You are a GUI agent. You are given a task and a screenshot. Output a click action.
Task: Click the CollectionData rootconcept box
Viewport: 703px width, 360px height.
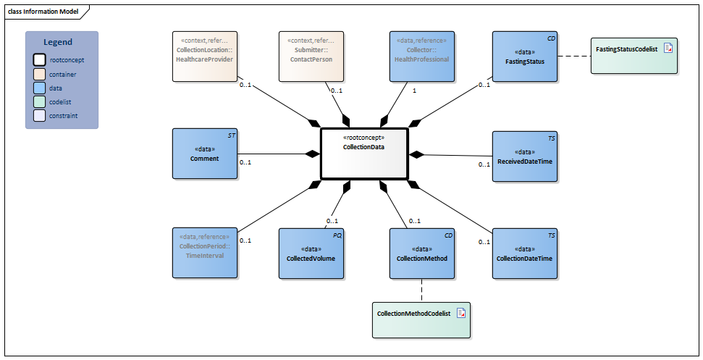click(x=364, y=154)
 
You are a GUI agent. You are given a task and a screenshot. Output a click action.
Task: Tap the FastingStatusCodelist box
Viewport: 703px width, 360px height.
click(x=634, y=55)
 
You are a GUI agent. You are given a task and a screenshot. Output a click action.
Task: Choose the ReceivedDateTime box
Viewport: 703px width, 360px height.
click(x=525, y=155)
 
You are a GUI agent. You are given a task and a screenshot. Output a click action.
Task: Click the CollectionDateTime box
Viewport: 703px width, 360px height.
click(x=525, y=254)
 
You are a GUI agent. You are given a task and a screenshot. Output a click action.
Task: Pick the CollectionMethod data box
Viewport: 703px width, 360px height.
click(x=422, y=254)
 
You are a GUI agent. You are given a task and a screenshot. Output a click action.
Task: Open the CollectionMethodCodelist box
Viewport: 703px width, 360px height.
click(x=421, y=319)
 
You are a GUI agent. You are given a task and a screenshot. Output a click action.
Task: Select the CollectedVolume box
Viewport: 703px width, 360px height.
click(x=311, y=254)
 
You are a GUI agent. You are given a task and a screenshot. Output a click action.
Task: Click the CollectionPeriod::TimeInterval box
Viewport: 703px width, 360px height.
click(x=205, y=253)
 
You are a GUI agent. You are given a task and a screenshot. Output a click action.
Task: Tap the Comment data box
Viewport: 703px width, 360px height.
click(x=204, y=154)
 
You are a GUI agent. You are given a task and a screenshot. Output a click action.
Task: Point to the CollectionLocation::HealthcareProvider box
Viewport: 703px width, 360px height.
click(x=205, y=56)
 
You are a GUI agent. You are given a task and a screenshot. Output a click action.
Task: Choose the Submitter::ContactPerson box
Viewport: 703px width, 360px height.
click(x=311, y=56)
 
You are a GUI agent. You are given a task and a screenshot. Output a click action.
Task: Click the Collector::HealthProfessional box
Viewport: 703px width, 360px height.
click(x=422, y=56)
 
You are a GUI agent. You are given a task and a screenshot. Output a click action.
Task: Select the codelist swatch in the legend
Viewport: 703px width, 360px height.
click(x=38, y=102)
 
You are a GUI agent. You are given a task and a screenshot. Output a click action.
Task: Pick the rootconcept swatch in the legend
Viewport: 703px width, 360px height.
click(x=38, y=60)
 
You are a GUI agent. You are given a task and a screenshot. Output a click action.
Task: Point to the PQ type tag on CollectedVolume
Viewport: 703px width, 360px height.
click(x=337, y=235)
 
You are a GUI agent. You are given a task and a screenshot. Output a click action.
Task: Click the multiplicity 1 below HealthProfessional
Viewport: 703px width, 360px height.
click(x=414, y=91)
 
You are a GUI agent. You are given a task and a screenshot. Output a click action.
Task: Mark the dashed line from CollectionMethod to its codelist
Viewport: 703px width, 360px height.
click(x=421, y=290)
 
